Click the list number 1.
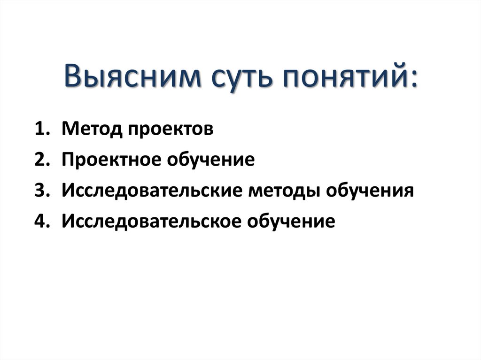pyautogui.click(x=41, y=129)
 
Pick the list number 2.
pyautogui.click(x=41, y=160)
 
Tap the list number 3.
pyautogui.click(x=41, y=191)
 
